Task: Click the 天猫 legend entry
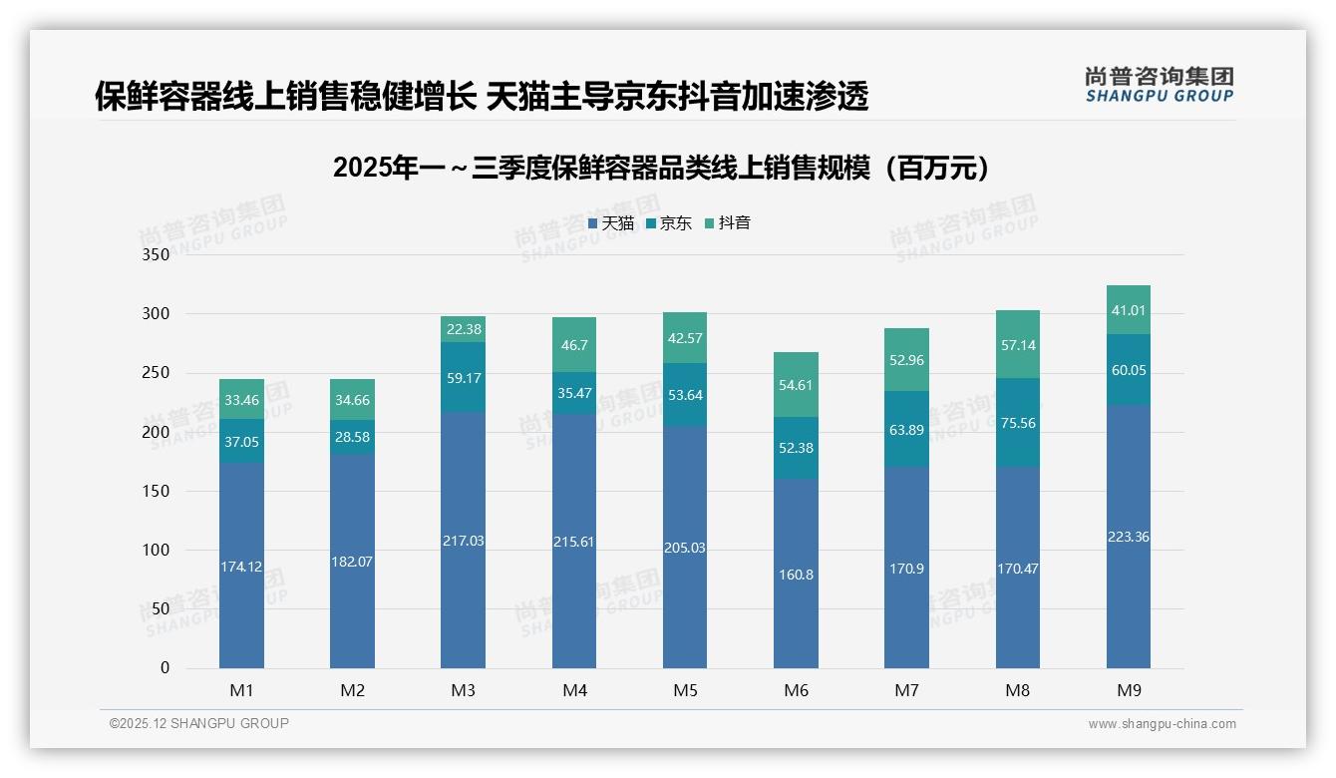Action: click(x=611, y=223)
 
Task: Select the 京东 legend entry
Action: click(x=669, y=223)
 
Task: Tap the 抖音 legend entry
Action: click(x=727, y=223)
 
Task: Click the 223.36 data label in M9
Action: click(x=1128, y=537)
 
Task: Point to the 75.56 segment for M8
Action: click(x=1017, y=423)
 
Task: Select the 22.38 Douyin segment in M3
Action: click(x=463, y=329)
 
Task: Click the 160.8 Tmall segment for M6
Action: click(x=796, y=575)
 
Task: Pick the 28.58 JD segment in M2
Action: click(x=352, y=437)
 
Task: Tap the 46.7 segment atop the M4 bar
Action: click(x=574, y=345)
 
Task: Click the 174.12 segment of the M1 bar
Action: click(x=241, y=567)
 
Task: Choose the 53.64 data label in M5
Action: click(x=685, y=395)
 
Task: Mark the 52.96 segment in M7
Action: click(x=906, y=360)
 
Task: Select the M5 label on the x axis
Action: click(x=685, y=690)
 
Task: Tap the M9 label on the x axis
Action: click(x=1128, y=690)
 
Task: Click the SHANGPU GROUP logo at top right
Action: click(x=1159, y=85)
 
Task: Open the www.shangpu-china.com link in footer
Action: click(x=1162, y=724)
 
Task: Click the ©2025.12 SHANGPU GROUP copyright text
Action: click(x=199, y=723)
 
